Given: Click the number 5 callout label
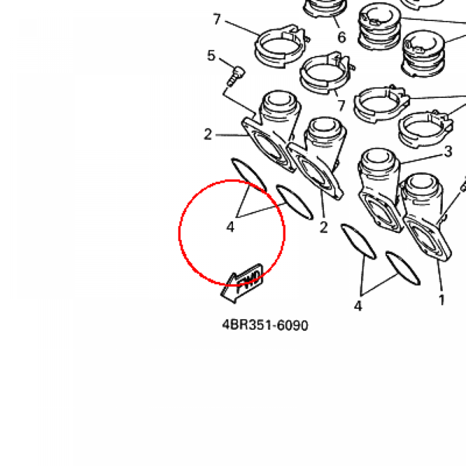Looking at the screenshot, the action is (x=211, y=56).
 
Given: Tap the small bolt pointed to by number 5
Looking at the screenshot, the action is (x=236, y=76).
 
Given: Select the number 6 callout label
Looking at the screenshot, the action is (x=341, y=37).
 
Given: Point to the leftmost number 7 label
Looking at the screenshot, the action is (x=217, y=19).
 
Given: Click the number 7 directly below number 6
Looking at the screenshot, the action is (x=341, y=106).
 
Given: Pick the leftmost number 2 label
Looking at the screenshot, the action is (x=208, y=134).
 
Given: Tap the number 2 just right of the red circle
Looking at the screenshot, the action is (x=324, y=228).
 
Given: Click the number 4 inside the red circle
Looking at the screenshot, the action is (x=230, y=228).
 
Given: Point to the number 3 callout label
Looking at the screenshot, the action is (x=448, y=152).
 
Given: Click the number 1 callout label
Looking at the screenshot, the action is (x=441, y=300).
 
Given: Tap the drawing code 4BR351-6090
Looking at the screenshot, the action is (x=265, y=325).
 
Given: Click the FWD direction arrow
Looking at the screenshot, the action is (x=242, y=283).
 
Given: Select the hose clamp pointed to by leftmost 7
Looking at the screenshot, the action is (x=281, y=46).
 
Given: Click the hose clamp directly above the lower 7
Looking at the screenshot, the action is (x=325, y=73).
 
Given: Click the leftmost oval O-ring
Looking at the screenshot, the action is (x=249, y=175).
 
